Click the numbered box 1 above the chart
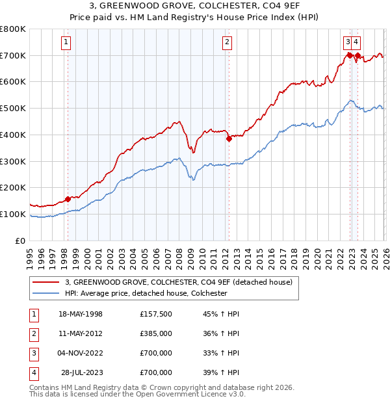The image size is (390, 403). pyautogui.click(x=67, y=43)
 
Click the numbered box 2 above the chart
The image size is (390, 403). pyautogui.click(x=227, y=43)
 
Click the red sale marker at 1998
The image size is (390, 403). pyautogui.click(x=68, y=199)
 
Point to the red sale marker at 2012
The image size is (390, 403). pyautogui.click(x=229, y=138)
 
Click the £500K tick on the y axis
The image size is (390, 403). pyautogui.click(x=13, y=109)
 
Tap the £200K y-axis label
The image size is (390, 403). pyautogui.click(x=13, y=188)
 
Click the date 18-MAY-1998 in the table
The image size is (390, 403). pyautogui.click(x=81, y=314)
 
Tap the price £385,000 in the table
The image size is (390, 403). pyautogui.click(x=156, y=333)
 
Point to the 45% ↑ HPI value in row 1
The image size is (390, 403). pyautogui.click(x=221, y=314)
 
